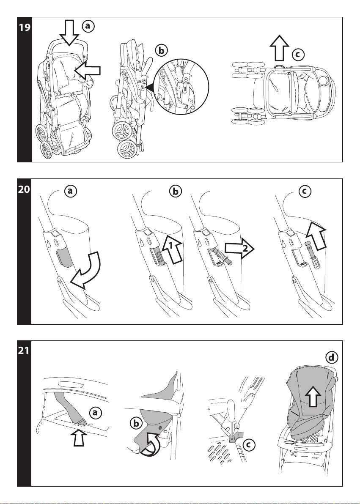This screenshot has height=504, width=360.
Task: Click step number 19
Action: click(x=25, y=27)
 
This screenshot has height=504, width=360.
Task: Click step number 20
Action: click(x=24, y=189)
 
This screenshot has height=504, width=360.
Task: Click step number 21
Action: click(x=24, y=350)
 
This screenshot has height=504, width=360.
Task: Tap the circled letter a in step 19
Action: click(x=88, y=27)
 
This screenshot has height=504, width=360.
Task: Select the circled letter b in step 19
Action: click(x=161, y=50)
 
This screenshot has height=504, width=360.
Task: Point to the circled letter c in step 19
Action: click(x=298, y=54)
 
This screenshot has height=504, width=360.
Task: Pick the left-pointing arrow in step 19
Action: click(x=87, y=71)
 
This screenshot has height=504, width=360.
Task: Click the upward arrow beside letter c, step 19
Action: click(x=279, y=48)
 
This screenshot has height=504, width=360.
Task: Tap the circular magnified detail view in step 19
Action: click(x=181, y=86)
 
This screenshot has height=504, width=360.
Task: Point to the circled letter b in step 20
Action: click(x=175, y=192)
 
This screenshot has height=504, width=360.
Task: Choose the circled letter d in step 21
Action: click(x=332, y=357)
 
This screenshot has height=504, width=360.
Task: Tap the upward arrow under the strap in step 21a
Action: click(x=79, y=438)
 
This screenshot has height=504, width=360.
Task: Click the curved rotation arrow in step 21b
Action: click(x=151, y=445)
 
